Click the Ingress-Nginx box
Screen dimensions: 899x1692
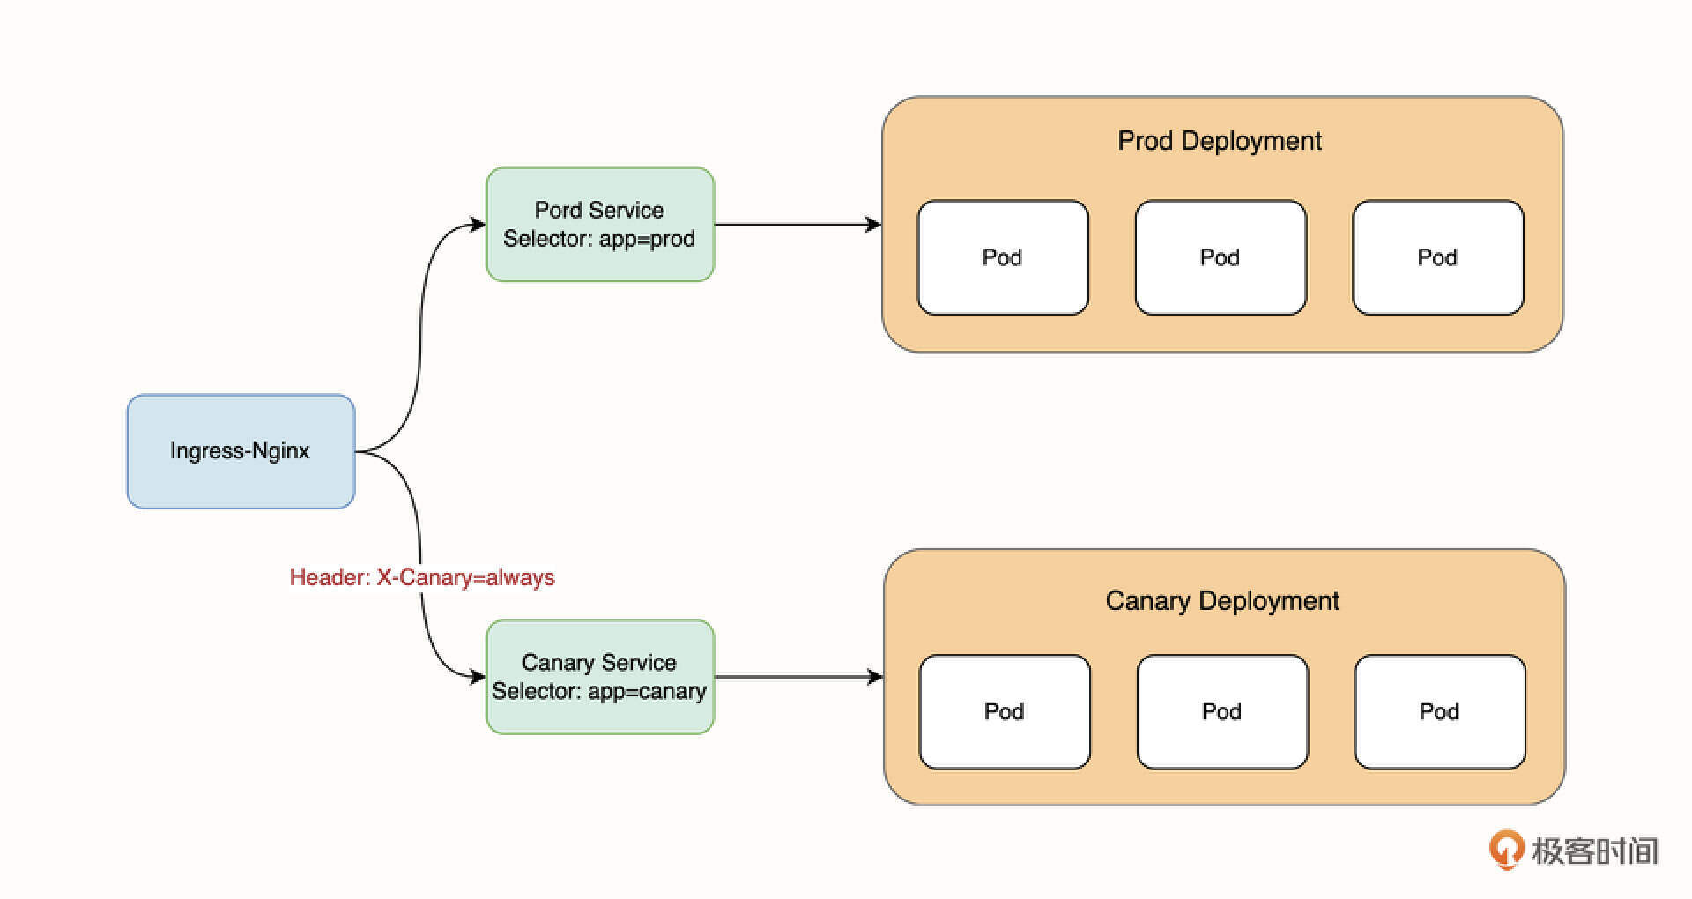241,451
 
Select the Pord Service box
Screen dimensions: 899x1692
600,224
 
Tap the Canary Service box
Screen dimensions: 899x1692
600,676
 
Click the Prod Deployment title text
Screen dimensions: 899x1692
1220,141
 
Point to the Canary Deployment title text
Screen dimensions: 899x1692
1222,601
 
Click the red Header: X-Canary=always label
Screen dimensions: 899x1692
422,577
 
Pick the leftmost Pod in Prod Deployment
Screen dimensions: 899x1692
1003,257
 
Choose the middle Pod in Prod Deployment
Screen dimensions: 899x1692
1221,257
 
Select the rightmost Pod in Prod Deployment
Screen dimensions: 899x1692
1438,257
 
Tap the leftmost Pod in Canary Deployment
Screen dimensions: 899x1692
1005,711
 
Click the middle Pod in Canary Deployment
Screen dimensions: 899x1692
1222,711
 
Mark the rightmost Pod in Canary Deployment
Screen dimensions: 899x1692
1440,711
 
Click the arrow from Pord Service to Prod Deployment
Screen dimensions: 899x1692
793,225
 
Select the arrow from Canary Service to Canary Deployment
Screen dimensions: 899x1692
793,677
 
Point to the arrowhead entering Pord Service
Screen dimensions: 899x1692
479,224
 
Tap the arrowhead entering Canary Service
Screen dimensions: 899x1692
479,677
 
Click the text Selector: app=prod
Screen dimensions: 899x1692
599,239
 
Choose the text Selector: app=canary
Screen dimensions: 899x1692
599,691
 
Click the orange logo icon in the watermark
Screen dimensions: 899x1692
1506,850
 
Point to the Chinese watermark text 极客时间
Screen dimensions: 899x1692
1594,851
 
